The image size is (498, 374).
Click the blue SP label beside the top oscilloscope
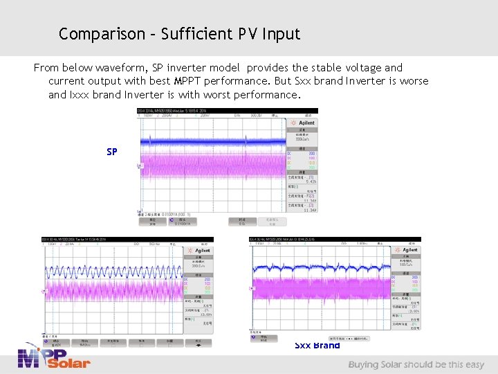(112, 152)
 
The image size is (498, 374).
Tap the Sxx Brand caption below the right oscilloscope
(317, 346)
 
